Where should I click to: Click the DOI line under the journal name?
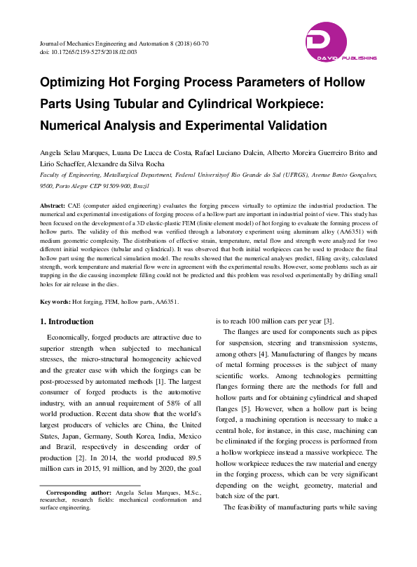[x=88, y=52]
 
